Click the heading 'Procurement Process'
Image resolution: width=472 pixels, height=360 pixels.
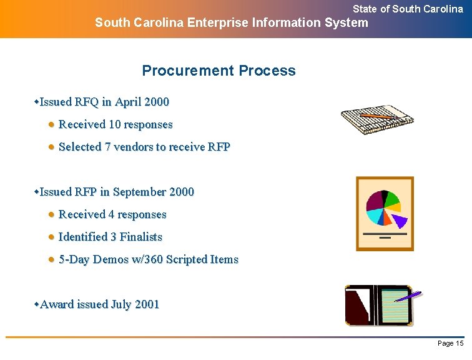click(x=219, y=71)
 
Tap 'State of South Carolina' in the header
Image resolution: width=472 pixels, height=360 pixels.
click(x=408, y=9)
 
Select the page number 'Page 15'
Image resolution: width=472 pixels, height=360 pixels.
click(x=450, y=344)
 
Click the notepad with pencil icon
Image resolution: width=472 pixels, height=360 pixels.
click(x=376, y=119)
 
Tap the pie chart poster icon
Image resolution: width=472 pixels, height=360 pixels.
click(x=385, y=214)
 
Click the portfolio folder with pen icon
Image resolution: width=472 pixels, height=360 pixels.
click(x=381, y=304)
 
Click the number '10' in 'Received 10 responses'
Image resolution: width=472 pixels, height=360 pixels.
click(x=115, y=124)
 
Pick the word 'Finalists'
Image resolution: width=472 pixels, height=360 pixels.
click(x=140, y=237)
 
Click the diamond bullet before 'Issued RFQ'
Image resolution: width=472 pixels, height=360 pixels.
click(x=36, y=101)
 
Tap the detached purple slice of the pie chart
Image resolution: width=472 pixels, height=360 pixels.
click(x=400, y=219)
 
